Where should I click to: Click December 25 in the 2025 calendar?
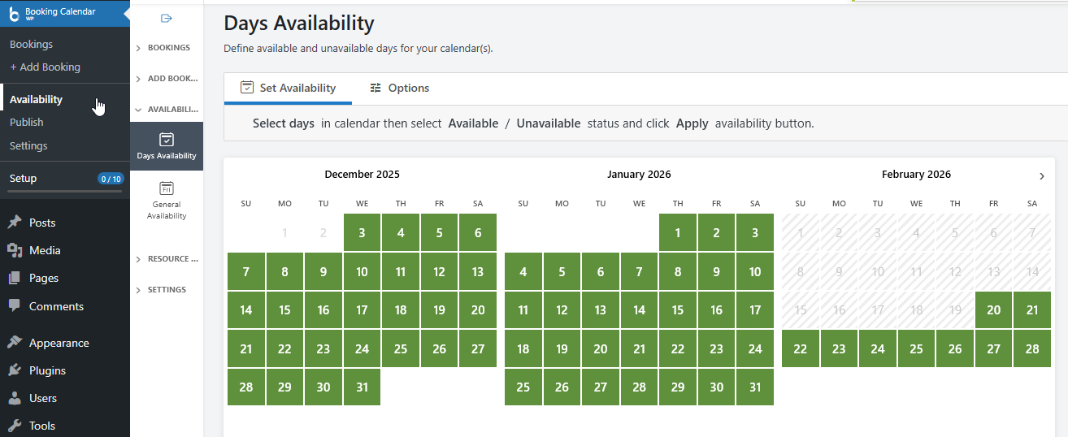coord(401,349)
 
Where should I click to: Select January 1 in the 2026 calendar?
coord(678,233)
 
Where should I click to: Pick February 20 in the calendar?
coord(993,310)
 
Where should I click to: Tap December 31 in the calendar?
coord(362,387)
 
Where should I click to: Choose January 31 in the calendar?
coord(755,387)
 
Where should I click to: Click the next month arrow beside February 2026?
coord(1042,176)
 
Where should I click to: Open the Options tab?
coord(399,88)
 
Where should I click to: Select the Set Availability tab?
coord(289,88)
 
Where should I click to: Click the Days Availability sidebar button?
coord(167,146)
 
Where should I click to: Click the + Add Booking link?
coord(46,67)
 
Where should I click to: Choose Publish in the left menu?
coord(27,122)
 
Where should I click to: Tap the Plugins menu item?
coord(47,370)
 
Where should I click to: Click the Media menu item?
coord(45,250)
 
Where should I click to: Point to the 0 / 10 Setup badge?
coord(110,179)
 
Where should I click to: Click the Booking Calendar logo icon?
coord(14,14)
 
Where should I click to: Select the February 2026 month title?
coord(916,174)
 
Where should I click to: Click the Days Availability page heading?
coord(299,24)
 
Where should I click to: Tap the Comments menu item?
coord(56,306)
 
